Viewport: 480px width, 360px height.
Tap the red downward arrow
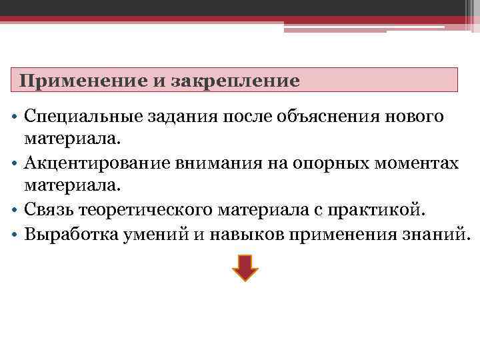pos(245,267)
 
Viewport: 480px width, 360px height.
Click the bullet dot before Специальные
pos(14,119)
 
